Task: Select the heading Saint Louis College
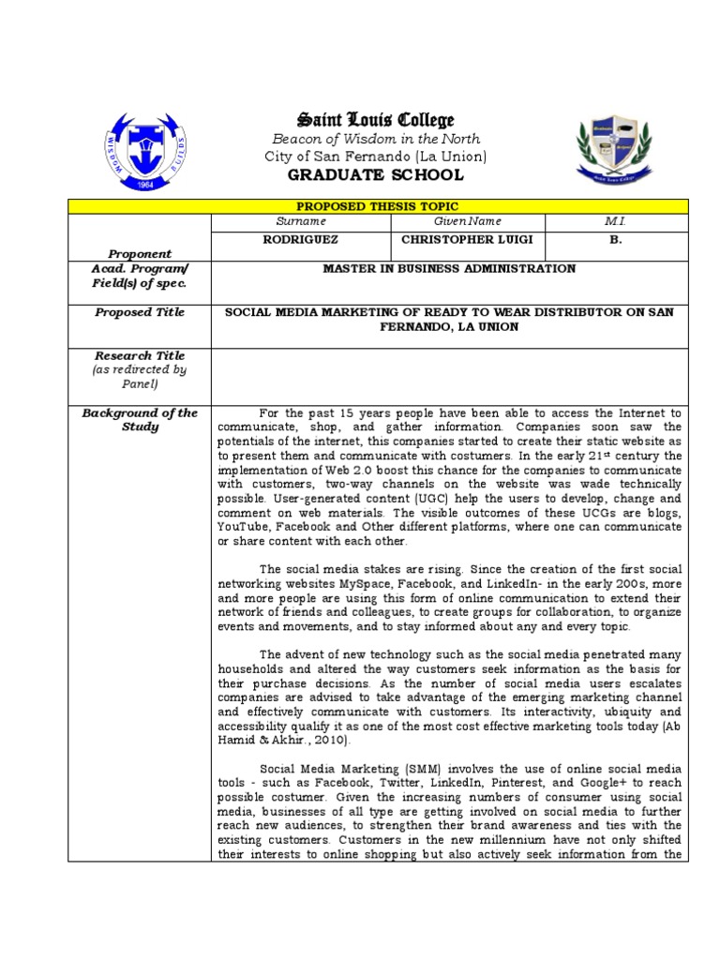[375, 120]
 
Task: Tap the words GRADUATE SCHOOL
[375, 175]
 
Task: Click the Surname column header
[301, 221]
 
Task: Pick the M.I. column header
[615, 221]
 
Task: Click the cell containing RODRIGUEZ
[301, 240]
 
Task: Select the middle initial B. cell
[615, 240]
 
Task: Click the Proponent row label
[140, 253]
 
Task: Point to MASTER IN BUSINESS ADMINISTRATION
[449, 269]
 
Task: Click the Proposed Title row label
[140, 312]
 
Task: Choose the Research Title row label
[140, 356]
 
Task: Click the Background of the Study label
[140, 420]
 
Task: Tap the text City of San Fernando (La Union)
[375, 157]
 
